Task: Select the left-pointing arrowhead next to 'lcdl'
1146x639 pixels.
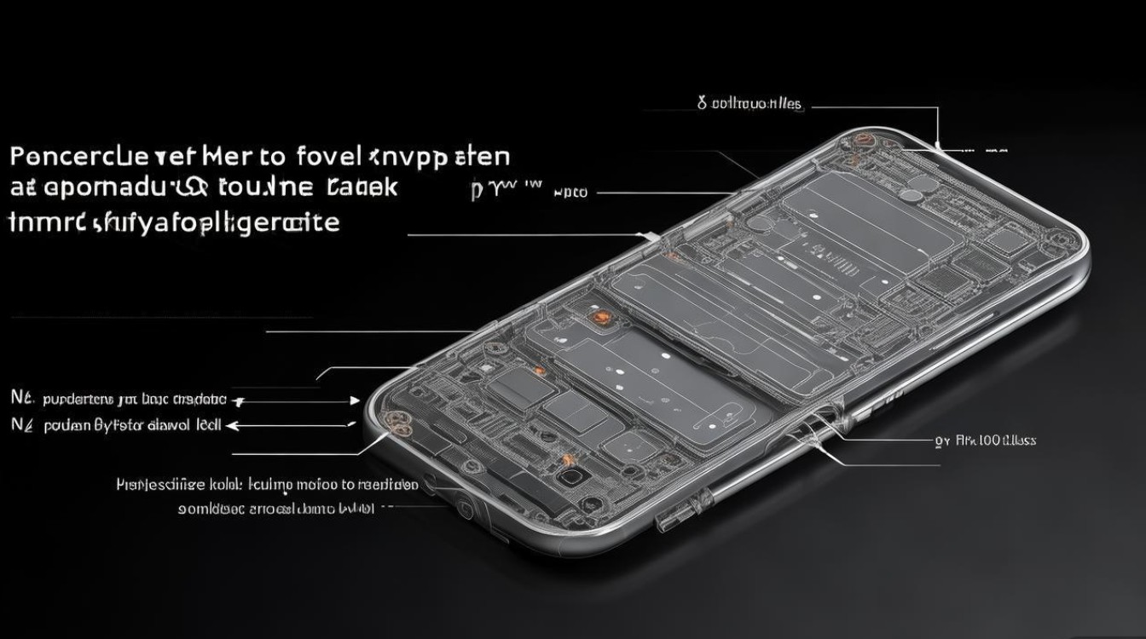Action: pyautogui.click(x=234, y=423)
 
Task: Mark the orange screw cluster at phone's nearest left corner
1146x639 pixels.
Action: pyautogui.click(x=396, y=417)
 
